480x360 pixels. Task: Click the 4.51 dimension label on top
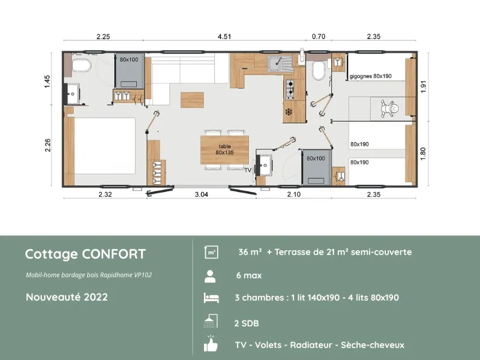224,37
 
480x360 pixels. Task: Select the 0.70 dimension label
319,37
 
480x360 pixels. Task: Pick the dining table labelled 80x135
225,149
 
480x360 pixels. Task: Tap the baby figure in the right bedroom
394,108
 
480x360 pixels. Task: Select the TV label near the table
248,170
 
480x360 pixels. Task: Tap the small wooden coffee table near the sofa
192,99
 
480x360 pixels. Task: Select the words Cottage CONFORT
85,254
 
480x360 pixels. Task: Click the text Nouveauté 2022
67,297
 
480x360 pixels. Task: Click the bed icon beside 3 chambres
210,298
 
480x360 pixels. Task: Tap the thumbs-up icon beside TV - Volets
211,344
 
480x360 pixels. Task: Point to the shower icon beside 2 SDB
211,322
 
